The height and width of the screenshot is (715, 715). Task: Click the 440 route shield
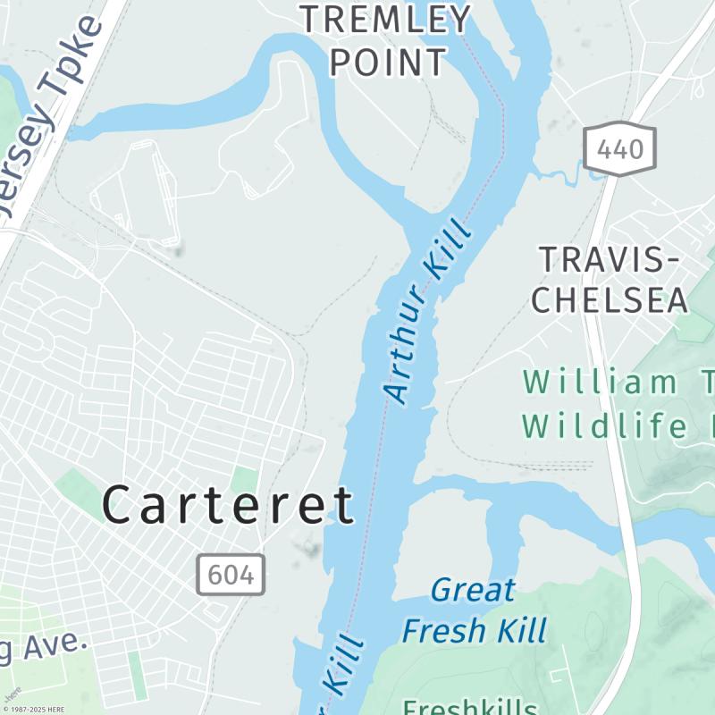point(619,147)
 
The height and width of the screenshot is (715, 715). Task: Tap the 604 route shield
point(231,574)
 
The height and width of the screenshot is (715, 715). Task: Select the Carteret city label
point(228,505)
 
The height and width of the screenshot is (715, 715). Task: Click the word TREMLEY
point(384,19)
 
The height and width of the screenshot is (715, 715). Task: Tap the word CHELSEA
point(610,301)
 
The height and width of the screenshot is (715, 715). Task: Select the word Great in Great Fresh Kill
point(473,591)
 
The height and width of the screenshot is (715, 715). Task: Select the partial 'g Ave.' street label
point(43,648)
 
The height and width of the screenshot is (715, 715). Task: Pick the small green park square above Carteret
point(244,480)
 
